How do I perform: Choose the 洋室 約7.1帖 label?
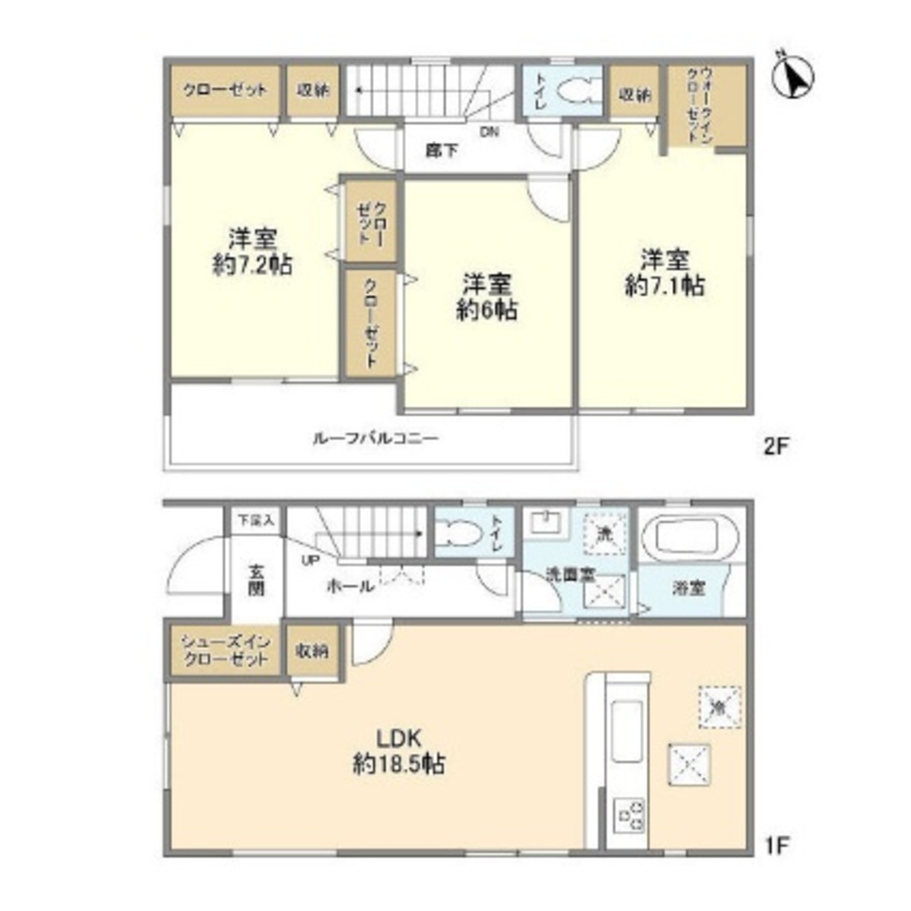coord(664,271)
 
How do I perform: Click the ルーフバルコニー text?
coord(375,438)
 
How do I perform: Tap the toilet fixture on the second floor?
coord(573,92)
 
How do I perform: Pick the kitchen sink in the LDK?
coord(627,724)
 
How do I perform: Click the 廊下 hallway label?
coord(441,151)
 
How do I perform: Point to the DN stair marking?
coord(490,133)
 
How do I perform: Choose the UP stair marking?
coord(311,560)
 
